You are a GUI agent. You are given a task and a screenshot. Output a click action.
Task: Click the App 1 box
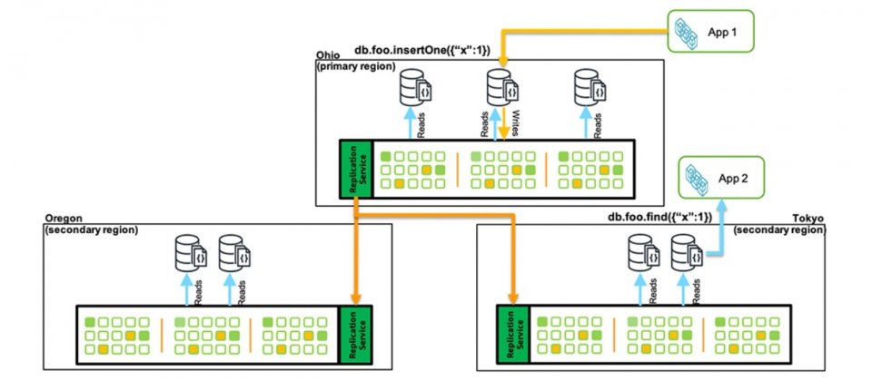710,33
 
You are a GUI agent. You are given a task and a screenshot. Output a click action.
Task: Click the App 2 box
721,178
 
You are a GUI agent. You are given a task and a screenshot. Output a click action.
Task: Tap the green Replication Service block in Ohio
355,169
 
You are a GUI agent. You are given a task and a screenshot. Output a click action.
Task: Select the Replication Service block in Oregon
355,335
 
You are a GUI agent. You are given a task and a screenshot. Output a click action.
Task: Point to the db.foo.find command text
660,218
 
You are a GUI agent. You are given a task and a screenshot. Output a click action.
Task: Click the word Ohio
326,55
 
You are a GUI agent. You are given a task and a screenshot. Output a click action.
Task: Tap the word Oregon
61,219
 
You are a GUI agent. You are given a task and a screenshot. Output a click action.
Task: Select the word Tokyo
811,219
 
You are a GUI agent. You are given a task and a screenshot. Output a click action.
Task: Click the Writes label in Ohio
516,121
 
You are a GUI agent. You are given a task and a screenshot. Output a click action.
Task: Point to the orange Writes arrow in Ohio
503,122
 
